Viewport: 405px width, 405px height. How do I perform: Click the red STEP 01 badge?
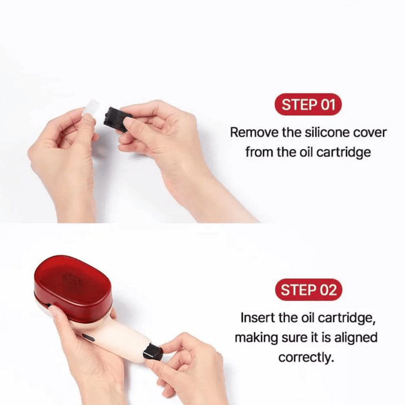(x=308, y=105)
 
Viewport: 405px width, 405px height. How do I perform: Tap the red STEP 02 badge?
(x=308, y=290)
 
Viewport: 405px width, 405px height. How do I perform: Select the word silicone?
(x=320, y=133)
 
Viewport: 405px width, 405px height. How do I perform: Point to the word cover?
(x=370, y=133)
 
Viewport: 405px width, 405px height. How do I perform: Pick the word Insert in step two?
(x=256, y=317)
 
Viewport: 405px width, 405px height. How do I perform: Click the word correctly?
(x=306, y=358)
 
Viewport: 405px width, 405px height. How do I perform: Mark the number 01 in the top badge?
(x=327, y=105)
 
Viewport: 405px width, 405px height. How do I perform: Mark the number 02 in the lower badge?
(x=327, y=290)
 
